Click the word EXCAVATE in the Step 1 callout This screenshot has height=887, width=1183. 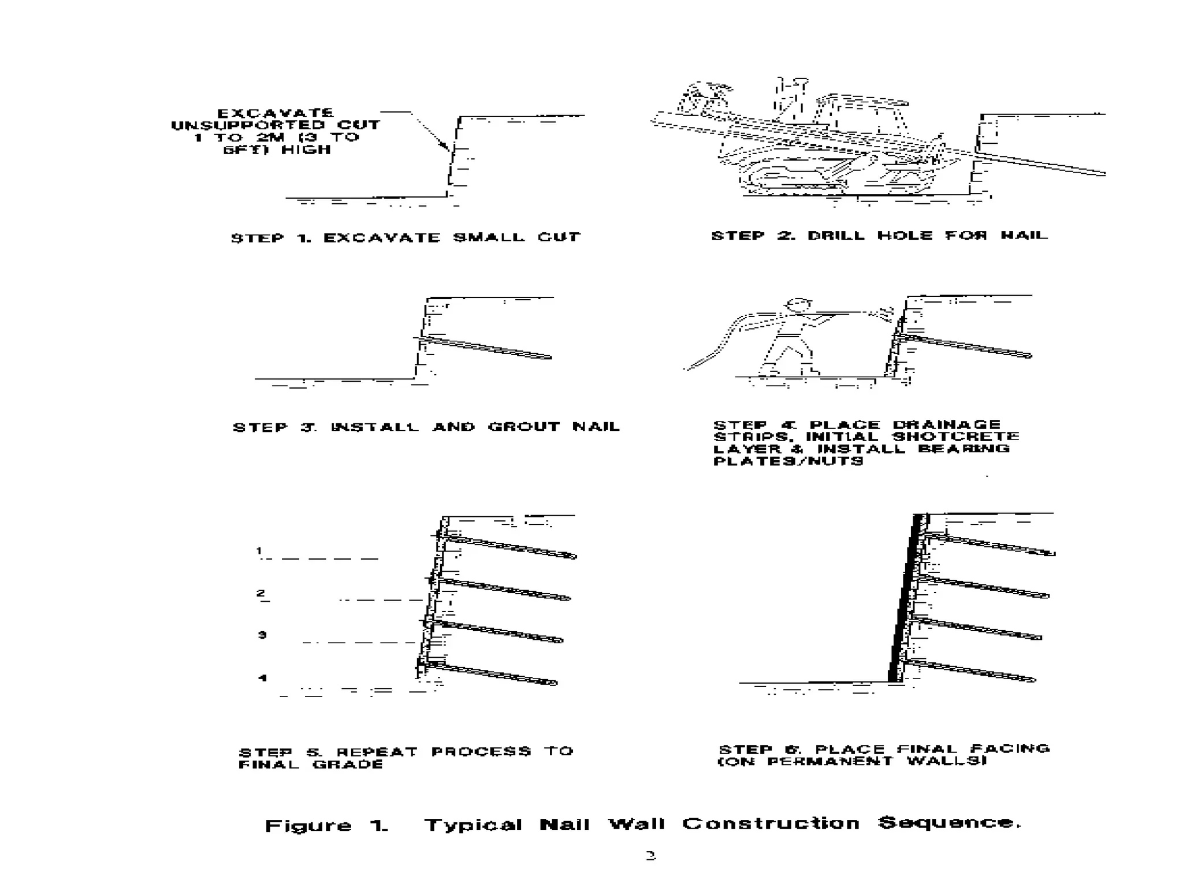coord(275,113)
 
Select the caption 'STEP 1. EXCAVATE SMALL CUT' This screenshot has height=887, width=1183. coord(405,237)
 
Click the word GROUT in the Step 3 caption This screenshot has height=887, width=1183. coord(523,427)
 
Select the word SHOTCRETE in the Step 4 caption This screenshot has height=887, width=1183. coord(955,437)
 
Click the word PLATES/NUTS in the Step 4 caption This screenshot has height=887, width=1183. coord(788,461)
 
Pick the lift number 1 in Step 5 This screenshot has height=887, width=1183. coord(259,551)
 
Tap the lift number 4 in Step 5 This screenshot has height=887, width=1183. coord(262,678)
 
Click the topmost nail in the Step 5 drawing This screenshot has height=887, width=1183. coord(508,547)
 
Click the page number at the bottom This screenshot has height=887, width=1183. coord(650,856)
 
